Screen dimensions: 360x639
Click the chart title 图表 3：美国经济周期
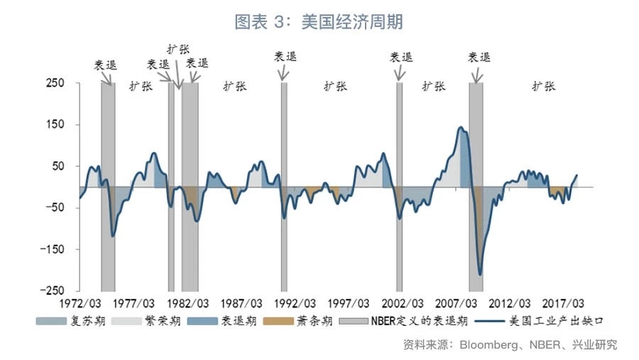pos(319,22)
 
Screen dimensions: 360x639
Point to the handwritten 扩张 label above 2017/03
pos(545,86)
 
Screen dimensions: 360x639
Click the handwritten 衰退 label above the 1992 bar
pos(286,57)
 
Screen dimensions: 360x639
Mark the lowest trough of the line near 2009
pos(480,274)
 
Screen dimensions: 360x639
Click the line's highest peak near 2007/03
pos(461,128)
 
